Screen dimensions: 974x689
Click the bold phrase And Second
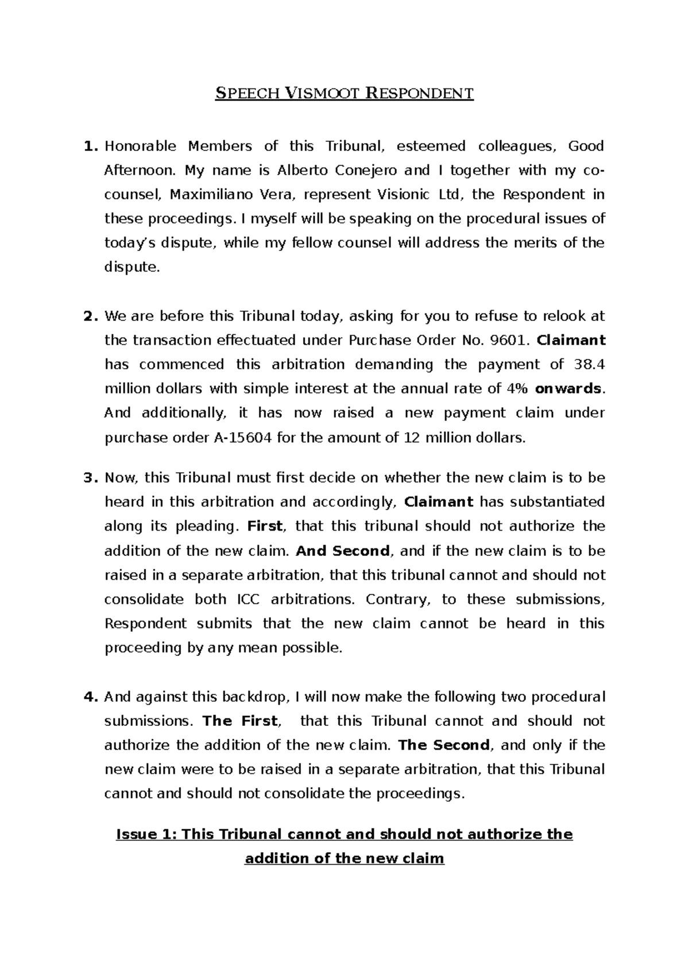click(x=343, y=551)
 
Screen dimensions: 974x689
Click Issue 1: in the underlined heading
click(x=146, y=834)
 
